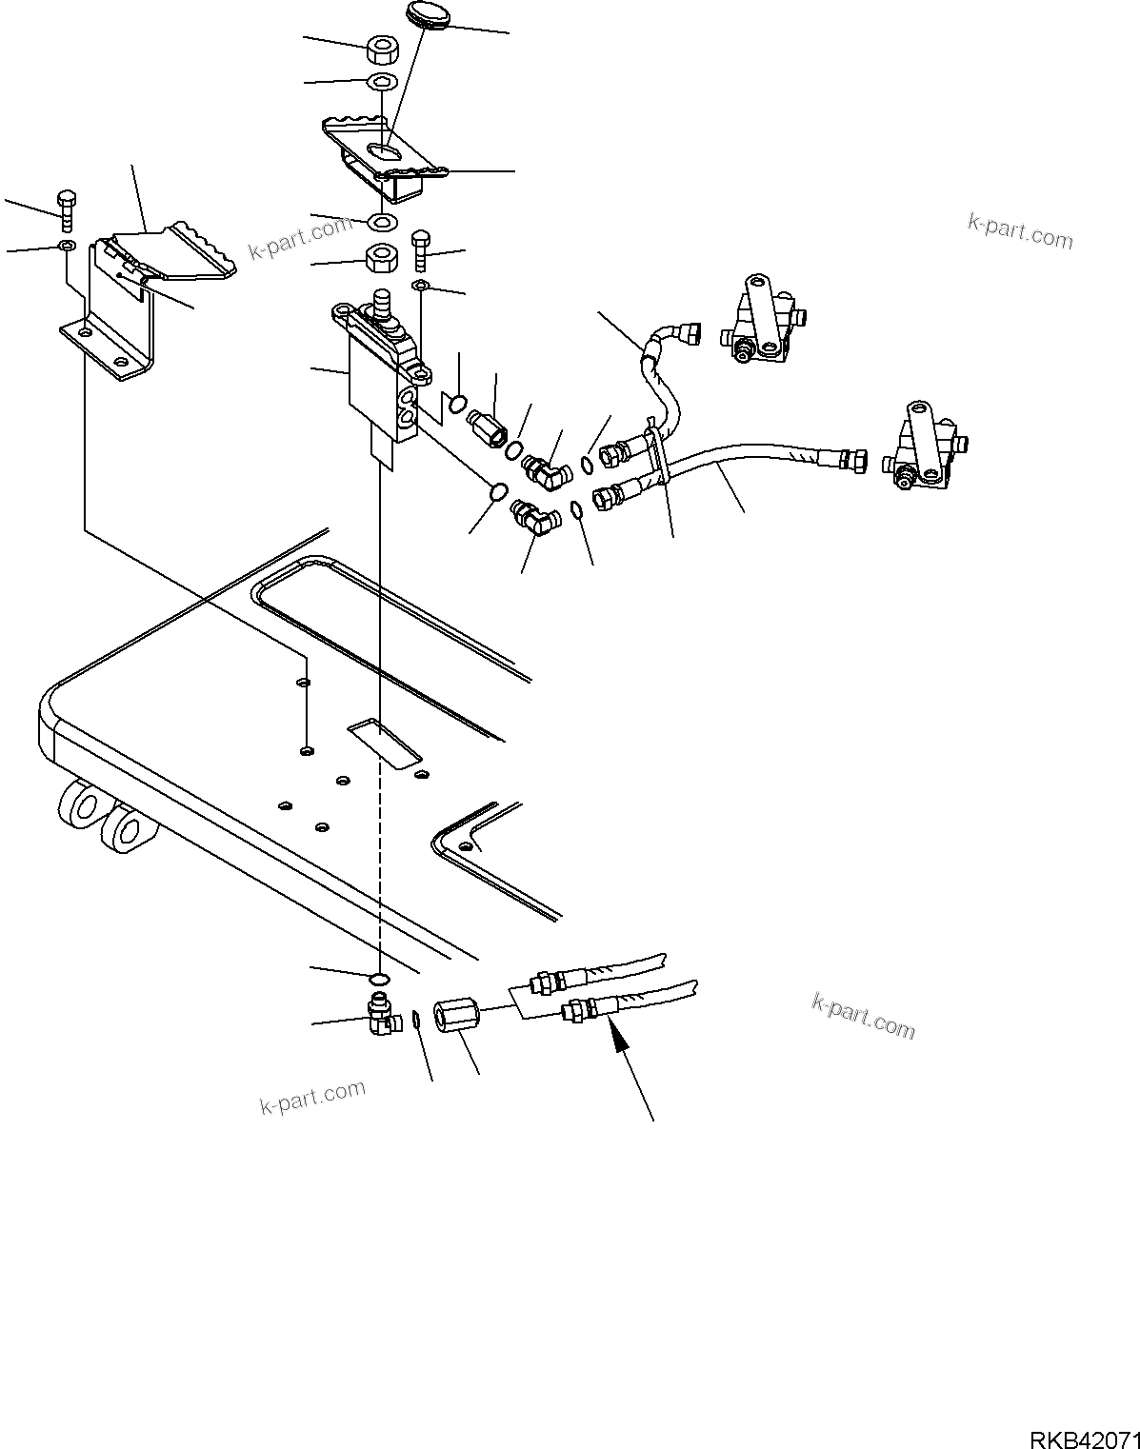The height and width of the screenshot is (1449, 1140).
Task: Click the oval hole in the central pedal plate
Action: pos(386,152)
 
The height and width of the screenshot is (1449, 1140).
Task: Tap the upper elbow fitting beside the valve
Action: pos(546,467)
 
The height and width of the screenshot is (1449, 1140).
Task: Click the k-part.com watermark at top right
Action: pos(1019,230)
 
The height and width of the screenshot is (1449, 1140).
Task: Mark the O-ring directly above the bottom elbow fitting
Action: pos(379,979)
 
